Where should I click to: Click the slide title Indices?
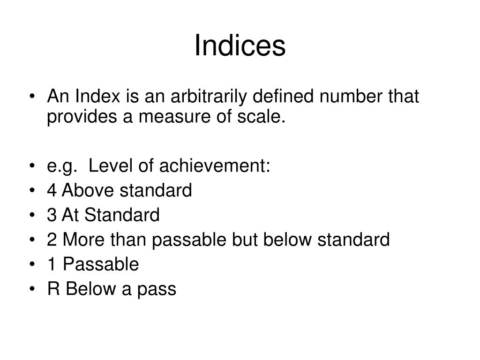pos(240,46)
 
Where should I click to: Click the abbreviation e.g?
pos(63,166)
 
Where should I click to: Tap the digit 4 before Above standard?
pos(52,191)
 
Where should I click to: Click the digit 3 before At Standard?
pos(52,216)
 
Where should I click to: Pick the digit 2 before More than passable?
pos(52,240)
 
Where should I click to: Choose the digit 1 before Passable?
pos(52,265)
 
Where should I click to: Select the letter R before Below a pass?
pos(52,289)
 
